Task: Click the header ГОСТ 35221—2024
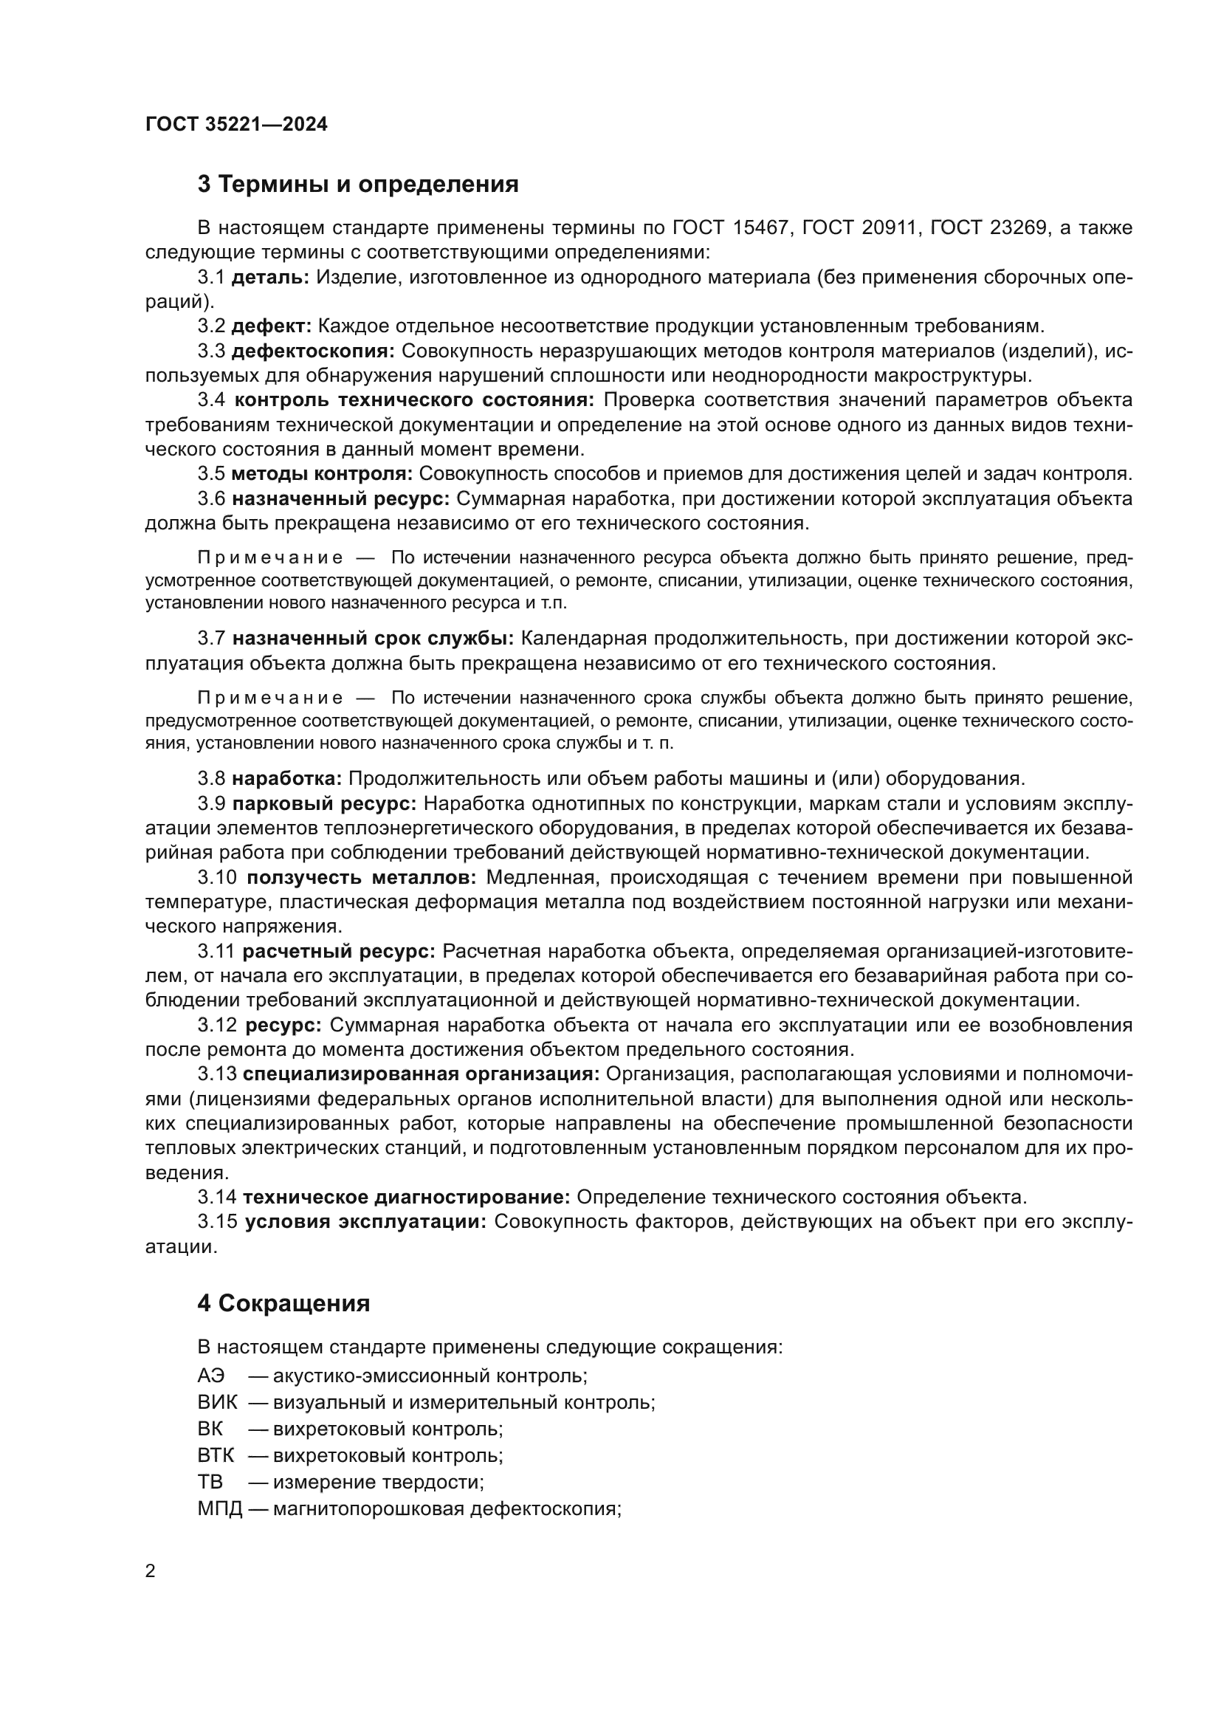[x=236, y=124]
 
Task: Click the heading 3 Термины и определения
[x=358, y=185]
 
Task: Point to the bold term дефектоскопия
[x=313, y=351]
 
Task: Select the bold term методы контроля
[x=322, y=474]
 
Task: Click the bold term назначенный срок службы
[x=373, y=639]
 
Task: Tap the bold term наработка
[x=286, y=778]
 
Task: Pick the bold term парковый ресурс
[x=324, y=803]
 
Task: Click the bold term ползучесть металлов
[x=362, y=878]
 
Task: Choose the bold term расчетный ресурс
[x=339, y=952]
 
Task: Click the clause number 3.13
[x=216, y=1074]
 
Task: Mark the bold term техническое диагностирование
[x=407, y=1198]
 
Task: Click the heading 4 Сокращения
[x=283, y=1303]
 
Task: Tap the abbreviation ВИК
[x=216, y=1403]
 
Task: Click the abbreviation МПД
[x=219, y=1509]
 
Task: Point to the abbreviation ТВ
[x=210, y=1483]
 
